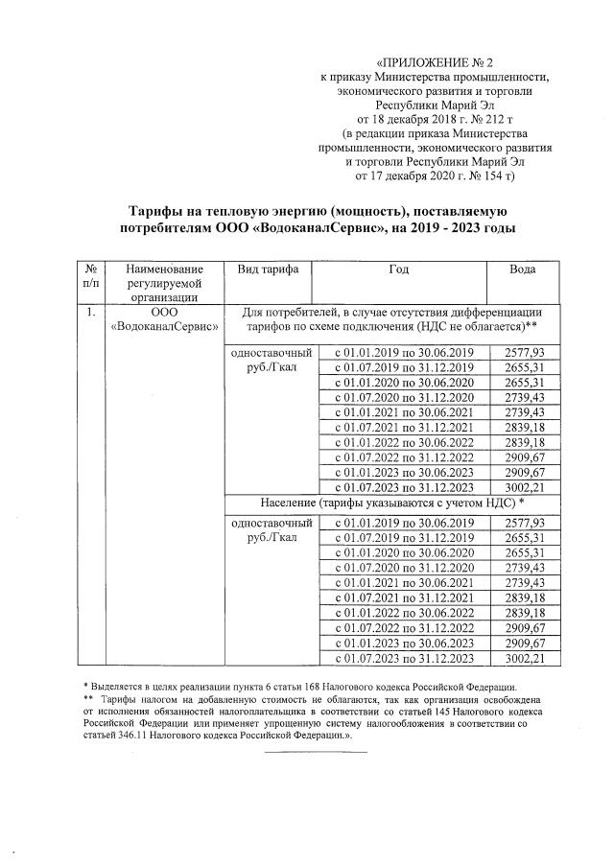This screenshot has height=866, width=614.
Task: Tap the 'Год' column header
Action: point(399,270)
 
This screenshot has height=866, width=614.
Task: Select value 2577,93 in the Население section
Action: point(523,523)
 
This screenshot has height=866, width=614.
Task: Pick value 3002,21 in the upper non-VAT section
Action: point(523,486)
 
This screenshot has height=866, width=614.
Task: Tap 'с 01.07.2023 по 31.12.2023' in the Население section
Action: point(404,659)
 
